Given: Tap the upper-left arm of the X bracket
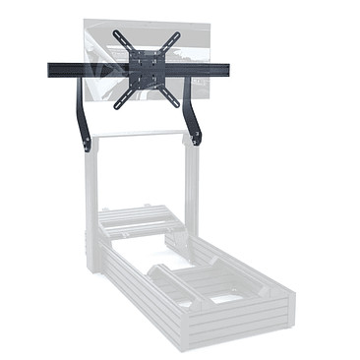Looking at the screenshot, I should (123, 40).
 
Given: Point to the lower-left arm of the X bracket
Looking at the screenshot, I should (123, 97).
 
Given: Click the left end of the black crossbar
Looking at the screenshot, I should (51, 70).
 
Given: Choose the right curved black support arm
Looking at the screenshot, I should (193, 110).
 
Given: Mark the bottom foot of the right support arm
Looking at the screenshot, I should (197, 140).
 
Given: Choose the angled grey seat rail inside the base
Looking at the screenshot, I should (182, 285).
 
